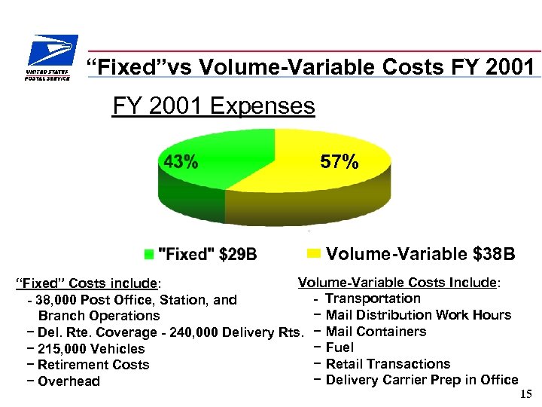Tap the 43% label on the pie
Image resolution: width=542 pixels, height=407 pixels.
(181, 162)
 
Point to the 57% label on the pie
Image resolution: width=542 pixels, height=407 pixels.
(340, 162)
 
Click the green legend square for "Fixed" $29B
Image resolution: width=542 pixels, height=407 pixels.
(150, 254)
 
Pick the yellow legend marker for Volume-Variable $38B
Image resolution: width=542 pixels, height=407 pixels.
(314, 253)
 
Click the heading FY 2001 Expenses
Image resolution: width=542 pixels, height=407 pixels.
(213, 106)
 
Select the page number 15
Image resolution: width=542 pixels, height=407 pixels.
(525, 394)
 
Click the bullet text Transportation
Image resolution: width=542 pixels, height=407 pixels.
(373, 298)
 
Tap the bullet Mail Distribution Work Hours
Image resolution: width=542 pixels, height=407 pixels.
(418, 315)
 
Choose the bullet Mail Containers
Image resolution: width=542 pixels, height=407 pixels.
(376, 332)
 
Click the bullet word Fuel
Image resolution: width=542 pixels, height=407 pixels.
(340, 348)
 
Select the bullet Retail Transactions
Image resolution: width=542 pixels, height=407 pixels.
(388, 364)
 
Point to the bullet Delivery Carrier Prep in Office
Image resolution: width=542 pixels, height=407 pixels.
(422, 380)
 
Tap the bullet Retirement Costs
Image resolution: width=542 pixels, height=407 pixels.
(93, 365)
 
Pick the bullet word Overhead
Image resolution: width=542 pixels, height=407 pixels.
(69, 381)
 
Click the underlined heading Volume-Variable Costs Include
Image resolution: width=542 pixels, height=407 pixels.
(398, 283)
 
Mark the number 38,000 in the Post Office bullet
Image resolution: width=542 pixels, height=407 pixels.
(55, 300)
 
